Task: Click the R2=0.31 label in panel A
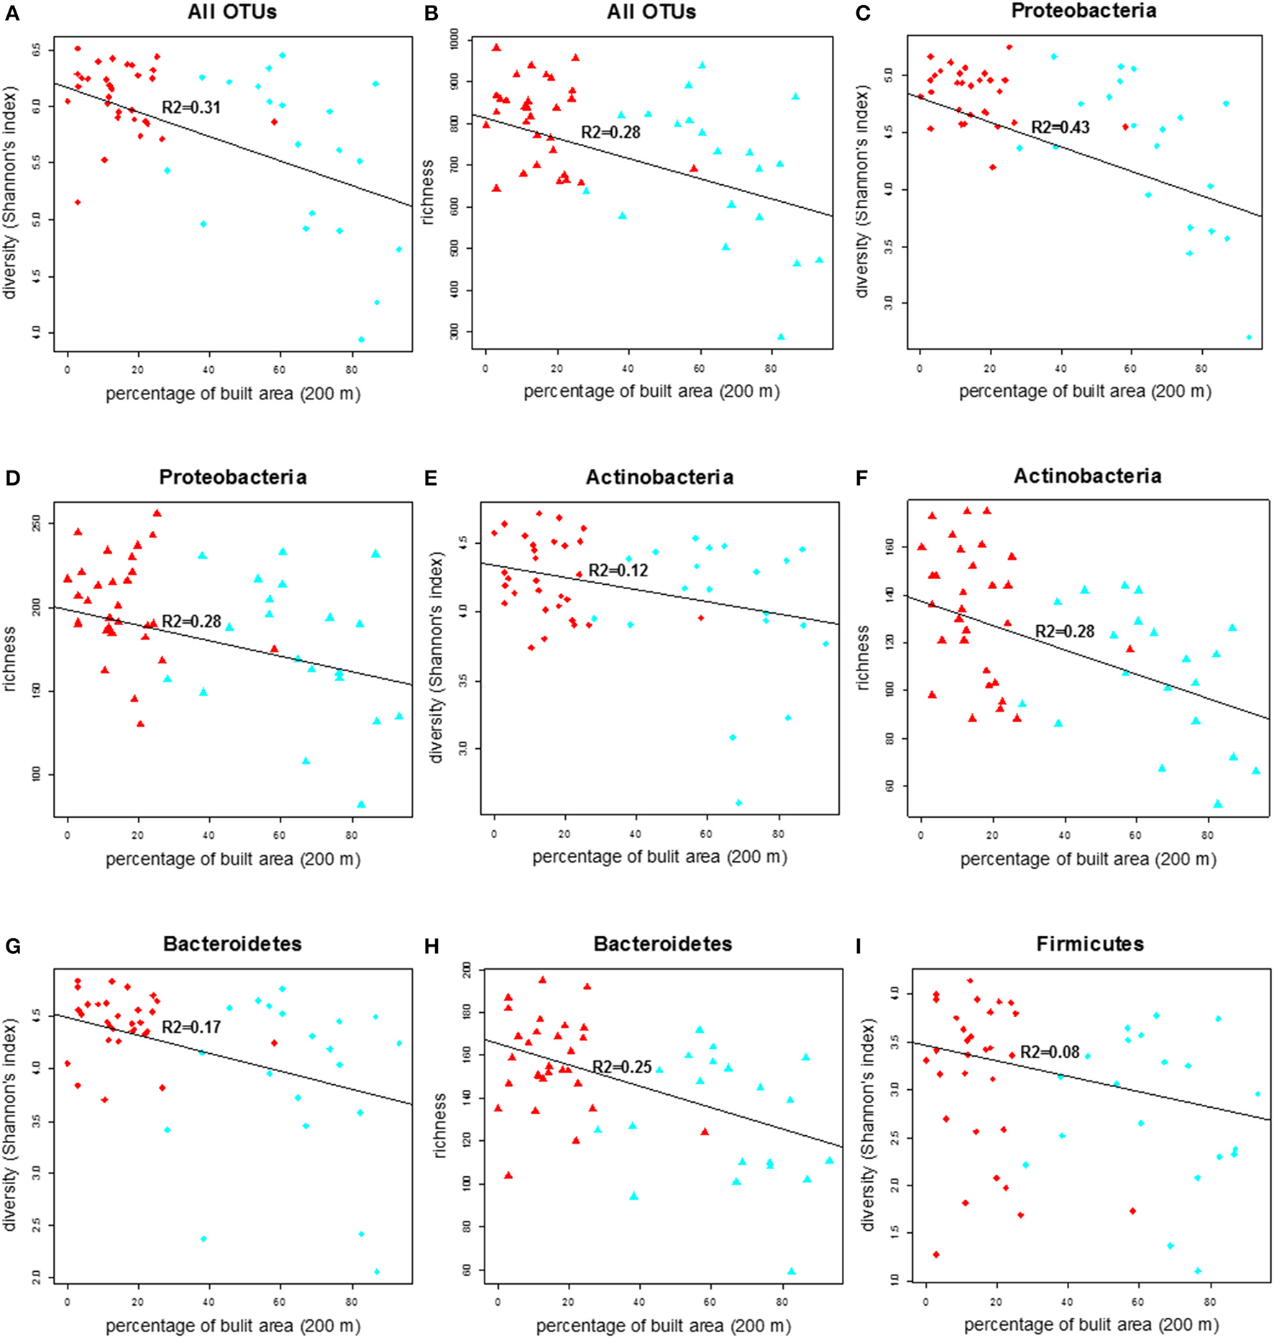tap(191, 108)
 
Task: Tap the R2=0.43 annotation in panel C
tap(1060, 127)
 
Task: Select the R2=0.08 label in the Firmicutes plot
tap(1050, 1052)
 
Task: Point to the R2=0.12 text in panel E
tap(618, 570)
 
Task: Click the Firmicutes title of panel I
tap(1089, 944)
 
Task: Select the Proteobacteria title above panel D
tap(233, 477)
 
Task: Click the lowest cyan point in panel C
tap(1249, 337)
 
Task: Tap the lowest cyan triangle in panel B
tap(781, 337)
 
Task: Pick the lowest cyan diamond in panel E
tap(738, 803)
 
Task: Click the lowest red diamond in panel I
tap(936, 1255)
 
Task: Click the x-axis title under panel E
tap(659, 857)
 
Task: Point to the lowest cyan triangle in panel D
tap(361, 804)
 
